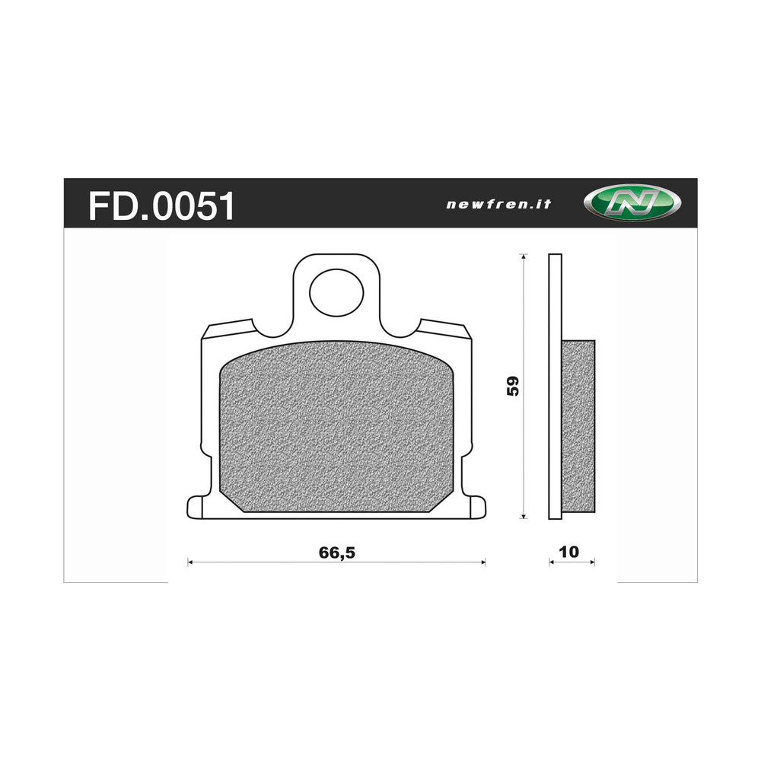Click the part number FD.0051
point(161,205)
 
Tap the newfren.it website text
point(498,204)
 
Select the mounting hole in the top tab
point(336,291)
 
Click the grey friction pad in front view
point(336,430)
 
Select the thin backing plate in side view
point(555,387)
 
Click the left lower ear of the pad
point(196,507)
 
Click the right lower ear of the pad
point(477,507)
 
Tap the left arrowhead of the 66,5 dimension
point(190,562)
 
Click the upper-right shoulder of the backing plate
point(445,330)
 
